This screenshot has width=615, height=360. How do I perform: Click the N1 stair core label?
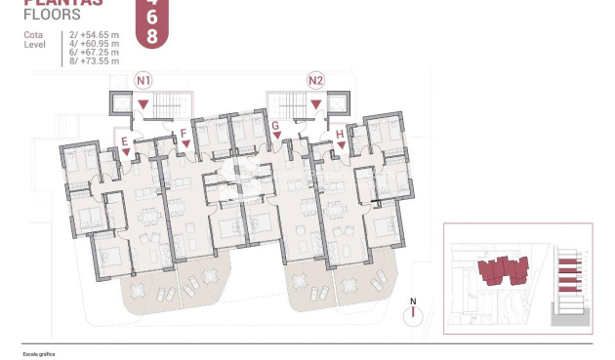click(144, 79)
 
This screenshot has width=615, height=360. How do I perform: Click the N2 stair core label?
click(315, 79)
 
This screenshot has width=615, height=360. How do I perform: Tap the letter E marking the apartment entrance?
click(125, 141)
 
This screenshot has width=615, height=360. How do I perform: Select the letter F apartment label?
click(183, 132)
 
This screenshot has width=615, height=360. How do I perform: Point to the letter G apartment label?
click(276, 126)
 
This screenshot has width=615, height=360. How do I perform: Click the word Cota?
click(33, 35)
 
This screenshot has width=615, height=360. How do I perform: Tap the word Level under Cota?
click(34, 44)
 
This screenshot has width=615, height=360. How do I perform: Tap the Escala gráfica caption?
click(39, 354)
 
